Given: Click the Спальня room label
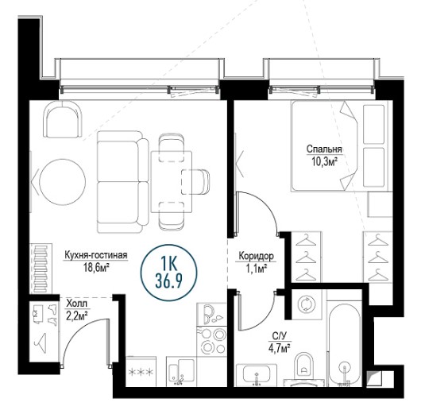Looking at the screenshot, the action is point(324,149).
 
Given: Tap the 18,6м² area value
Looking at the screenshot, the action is point(96,267).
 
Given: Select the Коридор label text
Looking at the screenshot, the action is point(256,256).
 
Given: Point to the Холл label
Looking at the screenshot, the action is point(76,304).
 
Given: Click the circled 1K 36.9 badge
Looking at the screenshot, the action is point(169,273).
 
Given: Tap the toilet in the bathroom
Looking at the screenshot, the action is point(304,368).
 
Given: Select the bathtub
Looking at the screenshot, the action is point(345,345).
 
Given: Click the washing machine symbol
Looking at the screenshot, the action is point(307,304).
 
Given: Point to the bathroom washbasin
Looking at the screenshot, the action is point(257,375).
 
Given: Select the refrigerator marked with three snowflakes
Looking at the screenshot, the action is point(141,372).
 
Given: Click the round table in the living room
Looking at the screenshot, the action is point(62,182).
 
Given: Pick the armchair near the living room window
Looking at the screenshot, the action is point(63,119).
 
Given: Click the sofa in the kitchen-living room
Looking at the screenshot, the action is point(123,182).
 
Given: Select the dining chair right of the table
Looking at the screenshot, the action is point(195,182).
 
